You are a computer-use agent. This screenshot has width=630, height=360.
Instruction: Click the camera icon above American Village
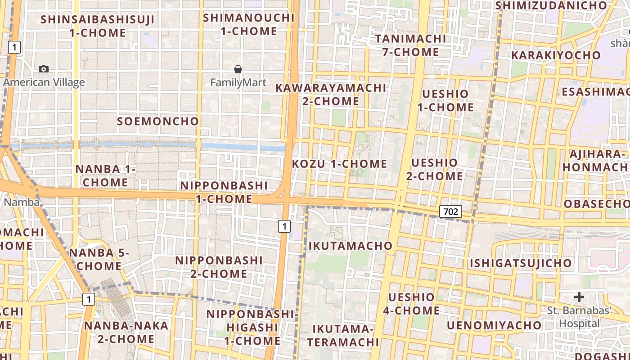(44, 69)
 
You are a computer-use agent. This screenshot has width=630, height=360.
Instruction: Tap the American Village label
(44, 82)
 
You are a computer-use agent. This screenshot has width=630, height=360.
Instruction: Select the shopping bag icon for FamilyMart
(238, 69)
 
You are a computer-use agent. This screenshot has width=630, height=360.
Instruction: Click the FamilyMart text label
(238, 83)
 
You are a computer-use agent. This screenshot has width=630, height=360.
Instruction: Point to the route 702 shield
(450, 211)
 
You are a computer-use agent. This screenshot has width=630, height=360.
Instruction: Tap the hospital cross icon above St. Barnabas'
(579, 297)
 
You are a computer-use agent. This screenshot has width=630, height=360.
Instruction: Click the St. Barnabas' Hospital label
(580, 317)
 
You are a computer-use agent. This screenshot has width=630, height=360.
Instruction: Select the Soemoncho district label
(158, 121)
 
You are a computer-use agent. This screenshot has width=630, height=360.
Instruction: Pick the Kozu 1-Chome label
(340, 164)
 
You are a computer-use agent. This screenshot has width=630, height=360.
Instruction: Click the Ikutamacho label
(351, 246)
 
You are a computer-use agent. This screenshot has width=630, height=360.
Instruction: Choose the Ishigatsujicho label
(521, 263)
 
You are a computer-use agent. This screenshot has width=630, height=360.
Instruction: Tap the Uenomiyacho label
(495, 325)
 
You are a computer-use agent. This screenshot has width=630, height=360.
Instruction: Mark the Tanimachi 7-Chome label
(410, 45)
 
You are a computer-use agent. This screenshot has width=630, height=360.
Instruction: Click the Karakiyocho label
(556, 55)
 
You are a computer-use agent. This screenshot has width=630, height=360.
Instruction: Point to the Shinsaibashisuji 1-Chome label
(98, 26)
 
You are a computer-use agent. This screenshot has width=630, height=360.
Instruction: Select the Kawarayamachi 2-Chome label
(331, 94)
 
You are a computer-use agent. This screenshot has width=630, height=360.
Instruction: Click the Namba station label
(22, 202)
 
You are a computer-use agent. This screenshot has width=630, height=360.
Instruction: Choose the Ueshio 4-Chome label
(411, 304)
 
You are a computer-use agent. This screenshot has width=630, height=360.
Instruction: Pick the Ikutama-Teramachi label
(343, 335)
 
